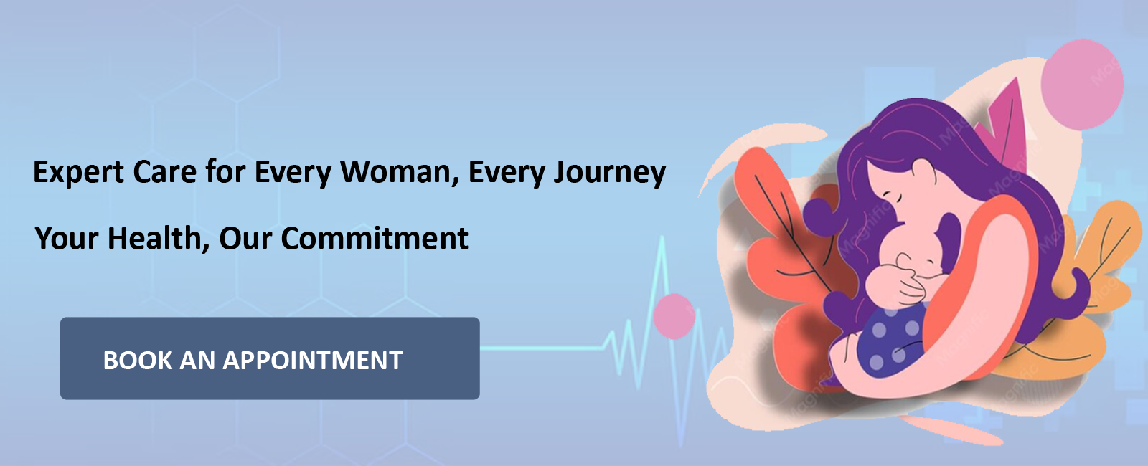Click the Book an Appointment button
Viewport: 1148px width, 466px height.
pos(270,358)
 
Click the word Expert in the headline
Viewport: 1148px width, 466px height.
pos(78,172)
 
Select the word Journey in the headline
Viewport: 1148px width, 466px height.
pos(609,173)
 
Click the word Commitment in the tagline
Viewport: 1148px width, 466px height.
pos(374,238)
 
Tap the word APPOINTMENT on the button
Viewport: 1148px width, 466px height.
pos(312,360)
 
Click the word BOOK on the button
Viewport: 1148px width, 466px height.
pos(138,360)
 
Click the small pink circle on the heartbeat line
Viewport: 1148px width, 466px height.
pos(674,316)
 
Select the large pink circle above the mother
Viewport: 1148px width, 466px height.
pos(1083,85)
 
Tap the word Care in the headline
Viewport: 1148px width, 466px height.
pos(164,171)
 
